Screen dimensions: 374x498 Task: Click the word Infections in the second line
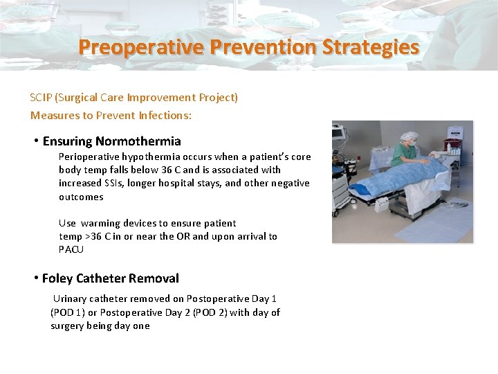tap(165, 115)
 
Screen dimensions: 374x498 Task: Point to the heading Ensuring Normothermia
tap(111, 141)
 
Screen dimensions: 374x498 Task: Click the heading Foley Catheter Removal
tap(110, 278)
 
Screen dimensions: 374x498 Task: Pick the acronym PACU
tap(71, 249)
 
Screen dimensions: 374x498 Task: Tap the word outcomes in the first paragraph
tap(81, 197)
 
